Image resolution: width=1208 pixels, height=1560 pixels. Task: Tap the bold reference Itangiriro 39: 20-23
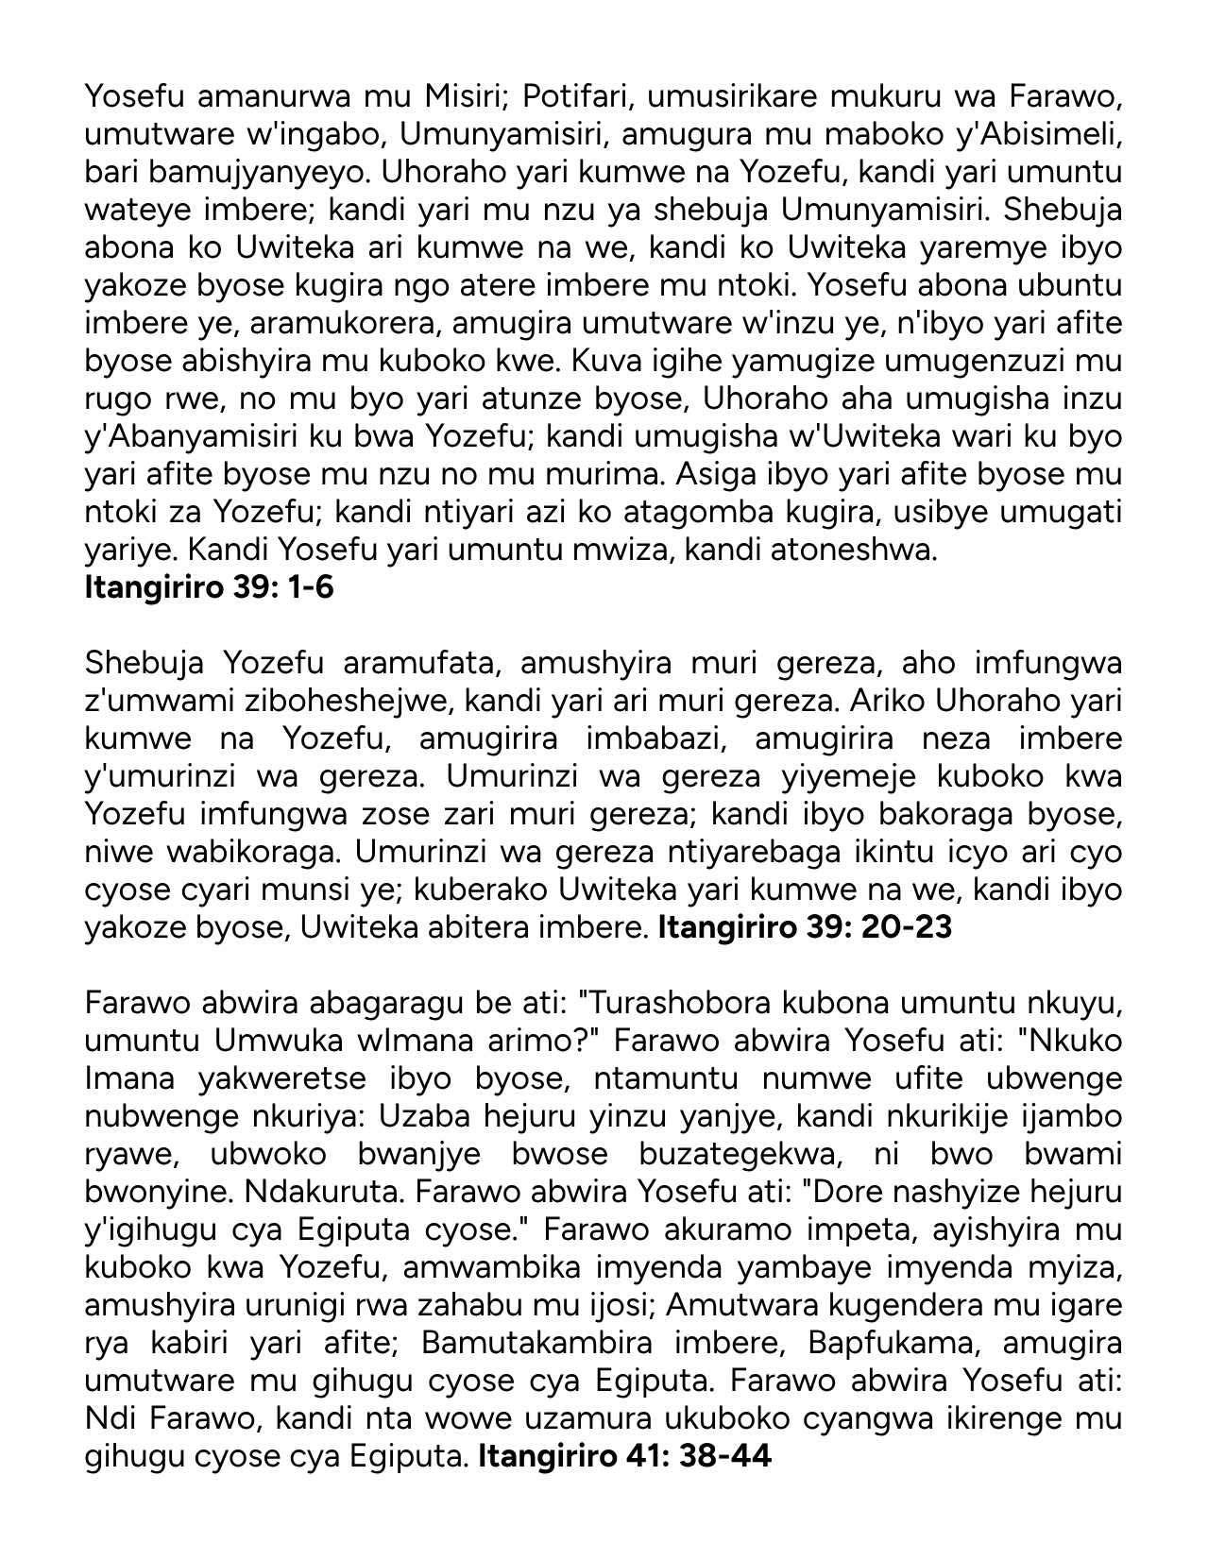[x=804, y=927]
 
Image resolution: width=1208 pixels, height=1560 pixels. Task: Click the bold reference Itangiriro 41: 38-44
[x=624, y=1456]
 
